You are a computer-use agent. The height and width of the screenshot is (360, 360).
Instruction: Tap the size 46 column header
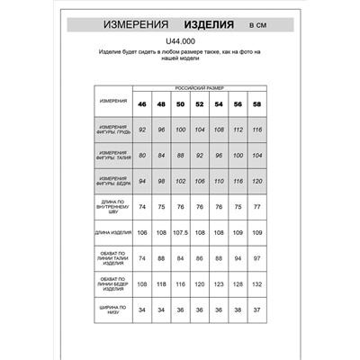coord(142,103)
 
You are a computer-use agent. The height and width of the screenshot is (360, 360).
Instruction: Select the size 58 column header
coord(257,103)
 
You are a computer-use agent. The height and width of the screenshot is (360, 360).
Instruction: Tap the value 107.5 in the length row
coord(180,233)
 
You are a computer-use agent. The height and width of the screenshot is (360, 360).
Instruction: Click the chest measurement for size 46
coord(142,130)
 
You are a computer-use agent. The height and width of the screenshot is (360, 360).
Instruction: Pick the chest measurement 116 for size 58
coord(257,130)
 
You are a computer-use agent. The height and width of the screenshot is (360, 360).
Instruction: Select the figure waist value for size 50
coord(180,155)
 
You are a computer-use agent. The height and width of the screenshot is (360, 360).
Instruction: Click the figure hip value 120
coord(257,181)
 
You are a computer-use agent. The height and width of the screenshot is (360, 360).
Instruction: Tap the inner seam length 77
coord(257,207)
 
